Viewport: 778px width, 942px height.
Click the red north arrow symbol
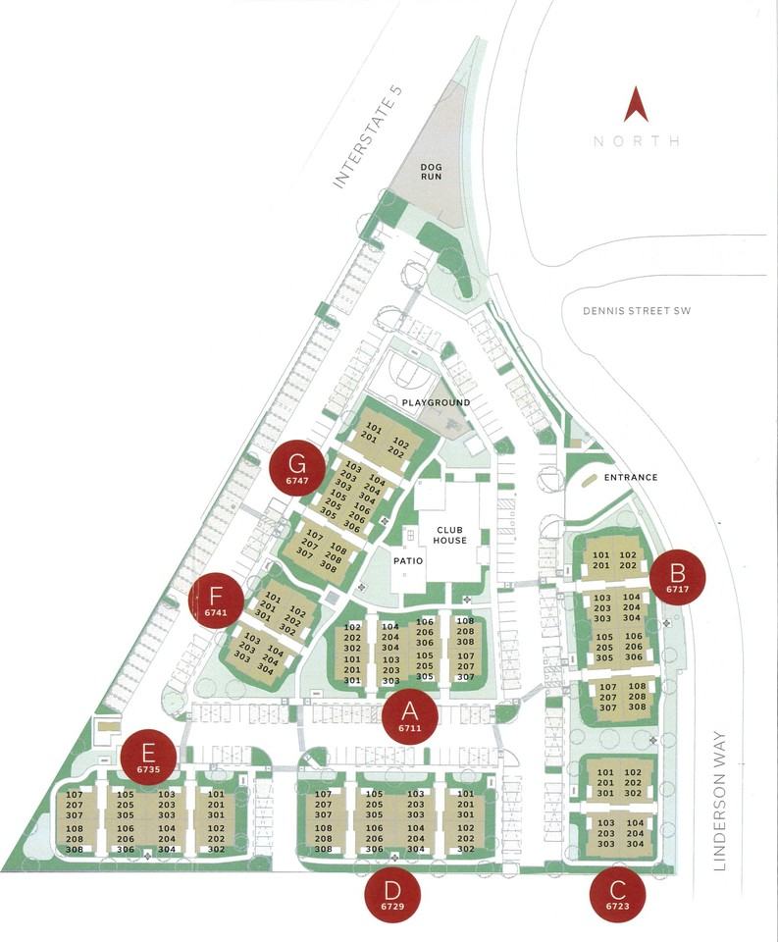(x=636, y=106)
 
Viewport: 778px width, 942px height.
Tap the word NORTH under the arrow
(x=636, y=141)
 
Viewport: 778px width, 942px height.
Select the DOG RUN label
(x=433, y=173)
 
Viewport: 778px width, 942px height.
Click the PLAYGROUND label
(x=435, y=402)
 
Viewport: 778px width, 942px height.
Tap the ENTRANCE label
(x=629, y=478)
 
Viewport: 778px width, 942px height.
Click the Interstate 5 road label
(x=369, y=136)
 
